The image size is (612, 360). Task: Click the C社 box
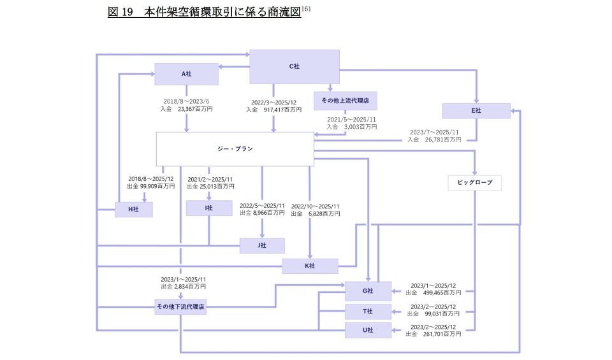pos(294,66)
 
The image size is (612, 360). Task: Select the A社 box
pos(186,74)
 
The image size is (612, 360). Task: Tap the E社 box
pos(476,111)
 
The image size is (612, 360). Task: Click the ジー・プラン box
pos(235,149)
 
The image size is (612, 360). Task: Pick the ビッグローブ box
pos(475,183)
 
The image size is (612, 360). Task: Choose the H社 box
pos(133,210)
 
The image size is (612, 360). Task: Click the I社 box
pos(208,208)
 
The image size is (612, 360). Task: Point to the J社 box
pos(261,246)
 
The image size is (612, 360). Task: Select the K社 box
pos(310,266)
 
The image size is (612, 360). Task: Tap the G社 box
pos(367,291)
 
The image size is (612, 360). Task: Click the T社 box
pos(367,312)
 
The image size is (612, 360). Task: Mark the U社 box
pos(367,330)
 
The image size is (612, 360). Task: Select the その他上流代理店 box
pos(345,101)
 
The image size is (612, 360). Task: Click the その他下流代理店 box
pos(180,306)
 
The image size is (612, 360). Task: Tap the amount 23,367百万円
pos(195,110)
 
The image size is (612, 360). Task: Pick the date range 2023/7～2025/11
pos(434,133)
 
